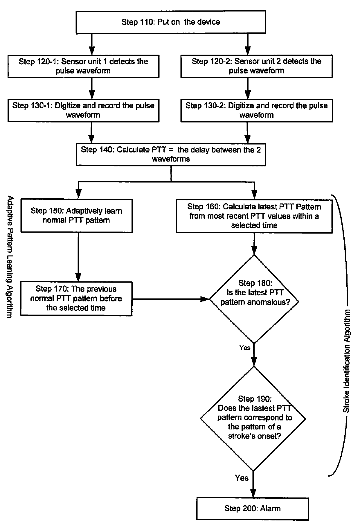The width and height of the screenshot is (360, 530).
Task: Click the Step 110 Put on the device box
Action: pyautogui.click(x=170, y=22)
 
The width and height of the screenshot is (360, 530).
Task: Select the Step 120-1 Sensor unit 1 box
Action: pyautogui.click(x=83, y=66)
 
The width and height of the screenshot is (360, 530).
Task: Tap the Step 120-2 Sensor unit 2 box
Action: pyautogui.click(x=256, y=66)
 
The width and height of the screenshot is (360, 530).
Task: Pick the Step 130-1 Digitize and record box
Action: pyautogui.click(x=83, y=110)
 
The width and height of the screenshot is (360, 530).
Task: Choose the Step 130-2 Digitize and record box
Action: pyautogui.click(x=256, y=110)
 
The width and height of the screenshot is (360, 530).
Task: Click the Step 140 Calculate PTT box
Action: pyautogui.click(x=170, y=154)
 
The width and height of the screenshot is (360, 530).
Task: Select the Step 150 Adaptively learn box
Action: pyautogui.click(x=77, y=215)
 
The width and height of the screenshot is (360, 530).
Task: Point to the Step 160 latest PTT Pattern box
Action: pyautogui.click(x=254, y=216)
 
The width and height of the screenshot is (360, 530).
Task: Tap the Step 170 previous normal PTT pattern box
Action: pyautogui.click(x=76, y=299)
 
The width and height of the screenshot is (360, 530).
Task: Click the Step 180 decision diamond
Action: pyautogui.click(x=254, y=299)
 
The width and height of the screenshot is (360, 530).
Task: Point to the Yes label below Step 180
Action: pyautogui.click(x=245, y=348)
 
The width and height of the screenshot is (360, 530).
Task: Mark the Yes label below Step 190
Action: pyautogui.click(x=242, y=478)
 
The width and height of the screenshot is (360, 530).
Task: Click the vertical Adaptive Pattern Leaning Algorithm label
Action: pyautogui.click(x=10, y=257)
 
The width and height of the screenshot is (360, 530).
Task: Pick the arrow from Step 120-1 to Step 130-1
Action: pyautogui.click(x=91, y=88)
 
